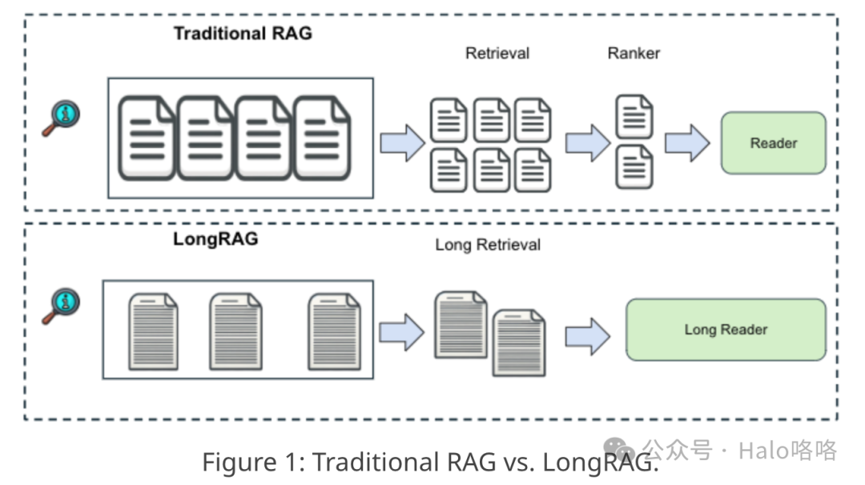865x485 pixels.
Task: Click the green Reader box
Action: pos(773,143)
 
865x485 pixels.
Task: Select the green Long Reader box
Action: pos(725,329)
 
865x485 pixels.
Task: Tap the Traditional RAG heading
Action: pos(243,34)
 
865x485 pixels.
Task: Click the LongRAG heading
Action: pos(215,239)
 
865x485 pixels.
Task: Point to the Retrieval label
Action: pos(497,54)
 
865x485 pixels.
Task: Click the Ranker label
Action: pos(634,54)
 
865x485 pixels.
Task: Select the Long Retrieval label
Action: pos(488,245)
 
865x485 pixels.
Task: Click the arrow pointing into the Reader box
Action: pos(687,143)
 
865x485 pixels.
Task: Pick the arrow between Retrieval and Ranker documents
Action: pos(588,143)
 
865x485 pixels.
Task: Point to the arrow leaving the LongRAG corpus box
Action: pos(400,331)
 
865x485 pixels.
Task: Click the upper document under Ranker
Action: pos(634,117)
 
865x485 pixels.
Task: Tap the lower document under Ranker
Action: pos(634,166)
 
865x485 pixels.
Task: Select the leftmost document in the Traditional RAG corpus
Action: pos(147,138)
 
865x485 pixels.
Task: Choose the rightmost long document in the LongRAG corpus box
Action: pos(334,331)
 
